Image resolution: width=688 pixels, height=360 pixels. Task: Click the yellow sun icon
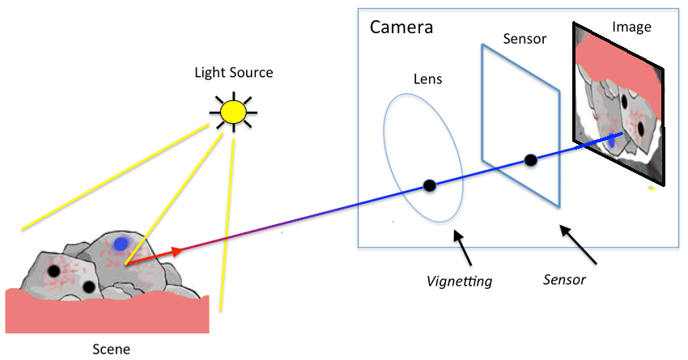tap(233, 112)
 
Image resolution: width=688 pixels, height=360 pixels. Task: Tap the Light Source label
tap(233, 73)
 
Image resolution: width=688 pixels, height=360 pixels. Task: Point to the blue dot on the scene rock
tap(121, 243)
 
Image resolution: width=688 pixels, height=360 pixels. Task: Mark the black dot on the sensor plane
tap(531, 161)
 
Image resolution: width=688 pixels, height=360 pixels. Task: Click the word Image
tap(631, 27)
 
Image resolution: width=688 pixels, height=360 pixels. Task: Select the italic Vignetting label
tap(460, 282)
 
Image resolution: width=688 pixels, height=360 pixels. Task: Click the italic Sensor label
tap(563, 280)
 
